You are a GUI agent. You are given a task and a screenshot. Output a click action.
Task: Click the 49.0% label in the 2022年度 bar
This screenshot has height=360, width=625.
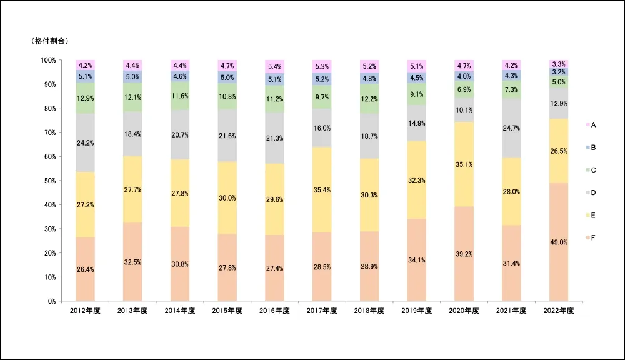(x=559, y=242)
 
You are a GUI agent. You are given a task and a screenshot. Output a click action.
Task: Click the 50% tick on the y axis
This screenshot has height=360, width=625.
(x=49, y=181)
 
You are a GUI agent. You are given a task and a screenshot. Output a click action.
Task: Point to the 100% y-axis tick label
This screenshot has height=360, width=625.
(x=47, y=60)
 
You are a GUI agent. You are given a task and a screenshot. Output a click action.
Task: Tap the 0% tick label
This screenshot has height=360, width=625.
(x=51, y=301)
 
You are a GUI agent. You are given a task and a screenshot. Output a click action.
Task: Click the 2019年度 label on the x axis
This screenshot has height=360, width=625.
(x=417, y=311)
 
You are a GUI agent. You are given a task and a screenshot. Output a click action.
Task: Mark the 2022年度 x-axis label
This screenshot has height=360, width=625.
(x=559, y=311)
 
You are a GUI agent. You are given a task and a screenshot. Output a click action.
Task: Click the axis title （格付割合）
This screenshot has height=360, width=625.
(x=49, y=41)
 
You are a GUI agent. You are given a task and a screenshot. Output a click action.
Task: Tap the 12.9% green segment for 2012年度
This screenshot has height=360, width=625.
(x=85, y=99)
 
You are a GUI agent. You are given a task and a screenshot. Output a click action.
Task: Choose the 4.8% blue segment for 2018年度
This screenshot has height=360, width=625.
(x=369, y=79)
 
